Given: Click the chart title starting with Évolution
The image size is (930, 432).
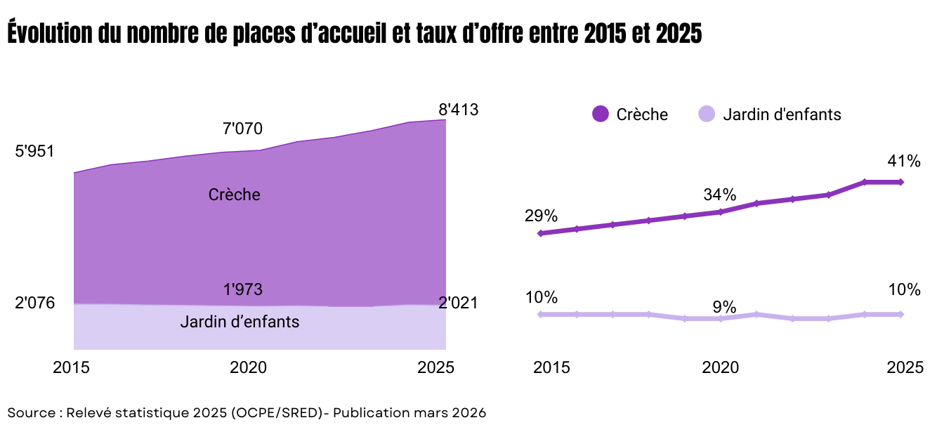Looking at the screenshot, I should coord(355,33).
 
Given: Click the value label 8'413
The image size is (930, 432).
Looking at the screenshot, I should coord(458,110).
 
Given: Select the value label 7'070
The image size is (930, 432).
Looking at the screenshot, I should coord(242,129).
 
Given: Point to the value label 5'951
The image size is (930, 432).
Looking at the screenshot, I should coord(34,151).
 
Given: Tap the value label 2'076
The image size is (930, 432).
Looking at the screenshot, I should coord(34,303).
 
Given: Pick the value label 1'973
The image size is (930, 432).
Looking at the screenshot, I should coord(242,289).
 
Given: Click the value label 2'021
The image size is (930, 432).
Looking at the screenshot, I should coord(458,303).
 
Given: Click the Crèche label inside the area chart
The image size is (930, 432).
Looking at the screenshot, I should coord(234,195).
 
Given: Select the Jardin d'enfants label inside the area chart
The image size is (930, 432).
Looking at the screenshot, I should coord(240,322).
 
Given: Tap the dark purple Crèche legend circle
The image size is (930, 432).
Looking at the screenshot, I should coord(600,114).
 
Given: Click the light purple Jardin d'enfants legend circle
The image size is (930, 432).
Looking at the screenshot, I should coord(707,114).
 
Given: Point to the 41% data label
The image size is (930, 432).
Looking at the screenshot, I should coord(903,161).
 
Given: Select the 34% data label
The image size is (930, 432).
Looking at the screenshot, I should coord(720,194).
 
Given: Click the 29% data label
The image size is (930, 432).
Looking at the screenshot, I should coord(540,216).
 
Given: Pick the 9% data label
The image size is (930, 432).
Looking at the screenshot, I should coord(723,307).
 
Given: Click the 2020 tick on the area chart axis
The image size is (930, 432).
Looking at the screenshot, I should coord(248,367).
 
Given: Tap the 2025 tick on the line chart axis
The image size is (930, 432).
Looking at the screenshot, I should coord(905,367).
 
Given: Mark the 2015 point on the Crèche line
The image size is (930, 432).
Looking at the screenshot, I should coord(540,233).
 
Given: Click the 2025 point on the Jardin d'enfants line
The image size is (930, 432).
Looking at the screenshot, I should coord(901,314).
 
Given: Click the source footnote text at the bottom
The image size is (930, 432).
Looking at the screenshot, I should coord(247,412).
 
